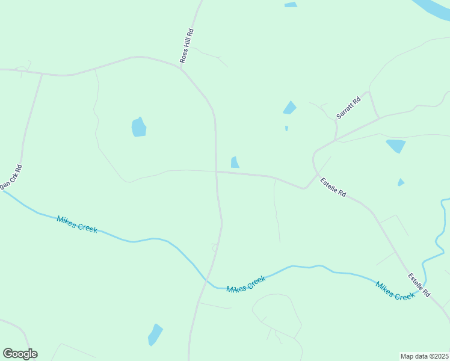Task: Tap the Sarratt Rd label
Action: point(348,107)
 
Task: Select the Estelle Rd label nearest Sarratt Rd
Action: point(333,187)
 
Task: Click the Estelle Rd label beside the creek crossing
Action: point(419,285)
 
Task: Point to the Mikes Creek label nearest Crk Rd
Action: point(76,224)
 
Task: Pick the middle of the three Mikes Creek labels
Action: point(246,284)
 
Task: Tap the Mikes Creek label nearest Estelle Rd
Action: point(395,291)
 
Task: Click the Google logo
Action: point(20,354)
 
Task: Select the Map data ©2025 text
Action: point(424,356)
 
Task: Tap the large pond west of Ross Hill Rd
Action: point(139,128)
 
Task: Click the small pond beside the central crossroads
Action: point(235,162)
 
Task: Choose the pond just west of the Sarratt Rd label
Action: point(290,108)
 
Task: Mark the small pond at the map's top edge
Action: point(291,5)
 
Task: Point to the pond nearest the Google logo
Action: point(155,334)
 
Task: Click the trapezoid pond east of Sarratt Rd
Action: point(395,146)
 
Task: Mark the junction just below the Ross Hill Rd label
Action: point(181,68)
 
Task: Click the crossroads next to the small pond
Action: point(217,171)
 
